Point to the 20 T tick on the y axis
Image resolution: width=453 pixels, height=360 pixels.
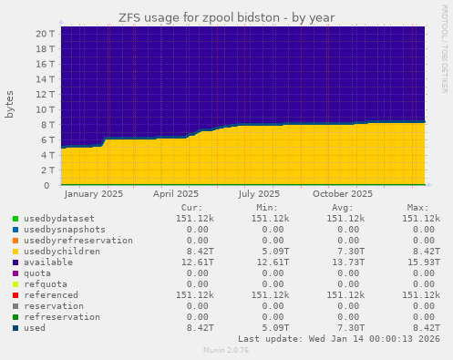(46, 34)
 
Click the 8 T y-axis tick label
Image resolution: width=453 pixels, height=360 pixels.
(48, 125)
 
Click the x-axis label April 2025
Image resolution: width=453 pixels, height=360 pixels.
(176, 194)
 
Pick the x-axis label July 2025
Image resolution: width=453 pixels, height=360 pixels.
(260, 194)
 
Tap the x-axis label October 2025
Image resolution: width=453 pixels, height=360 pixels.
(343, 194)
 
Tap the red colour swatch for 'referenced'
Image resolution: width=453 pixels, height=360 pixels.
(15, 295)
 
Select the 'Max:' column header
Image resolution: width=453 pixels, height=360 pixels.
(428, 208)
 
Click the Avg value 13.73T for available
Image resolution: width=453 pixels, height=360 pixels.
(348, 262)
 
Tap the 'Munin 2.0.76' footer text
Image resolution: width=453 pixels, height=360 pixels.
(225, 350)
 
